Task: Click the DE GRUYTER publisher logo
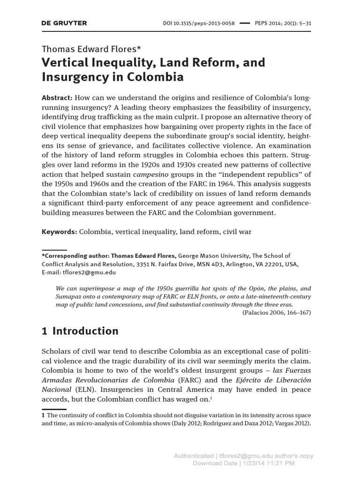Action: pos(64,23)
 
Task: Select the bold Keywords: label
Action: pos(59,232)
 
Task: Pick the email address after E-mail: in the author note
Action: pos(91,272)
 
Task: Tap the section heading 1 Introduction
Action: pos(80,331)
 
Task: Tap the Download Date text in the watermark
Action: pos(214,464)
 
